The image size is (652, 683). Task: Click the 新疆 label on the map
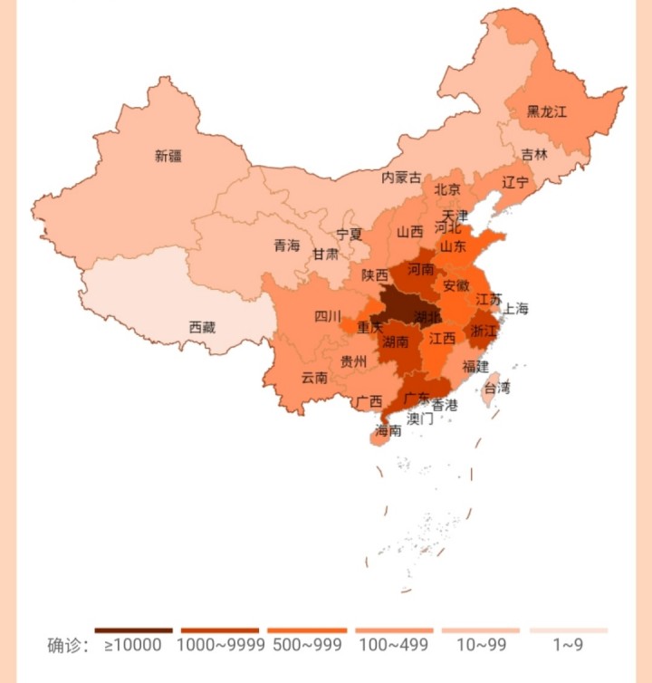click(168, 156)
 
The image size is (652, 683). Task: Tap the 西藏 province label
click(202, 327)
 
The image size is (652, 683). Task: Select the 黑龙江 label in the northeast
click(546, 111)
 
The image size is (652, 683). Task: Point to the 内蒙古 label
click(401, 178)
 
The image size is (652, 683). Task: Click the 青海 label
click(286, 245)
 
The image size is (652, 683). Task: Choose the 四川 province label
click(328, 316)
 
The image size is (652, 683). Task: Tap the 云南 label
click(314, 377)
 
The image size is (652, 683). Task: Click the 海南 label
click(388, 430)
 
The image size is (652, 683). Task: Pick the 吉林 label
click(534, 154)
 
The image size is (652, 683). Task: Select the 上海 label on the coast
click(515, 308)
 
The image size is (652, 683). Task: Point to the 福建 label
click(475, 366)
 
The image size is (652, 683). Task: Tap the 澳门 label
click(420, 418)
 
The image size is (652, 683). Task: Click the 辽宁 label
click(515, 182)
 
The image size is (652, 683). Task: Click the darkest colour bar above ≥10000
click(133, 630)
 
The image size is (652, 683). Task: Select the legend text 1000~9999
click(220, 645)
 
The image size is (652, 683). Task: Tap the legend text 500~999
click(308, 645)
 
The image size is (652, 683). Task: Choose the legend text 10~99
click(481, 645)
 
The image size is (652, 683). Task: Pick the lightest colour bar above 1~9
click(569, 630)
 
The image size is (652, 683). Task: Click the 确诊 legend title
click(67, 645)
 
